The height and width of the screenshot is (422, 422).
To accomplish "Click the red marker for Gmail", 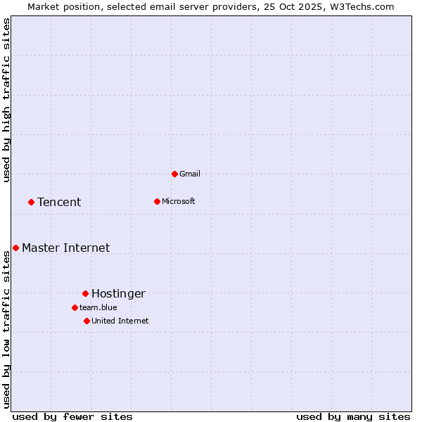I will pyautogui.click(x=174, y=174).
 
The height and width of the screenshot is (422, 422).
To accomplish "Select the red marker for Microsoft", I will pyautogui.click(x=157, y=201).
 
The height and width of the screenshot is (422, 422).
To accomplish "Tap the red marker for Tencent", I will pyautogui.click(x=31, y=202).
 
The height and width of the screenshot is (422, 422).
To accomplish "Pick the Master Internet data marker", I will pyautogui.click(x=15, y=248).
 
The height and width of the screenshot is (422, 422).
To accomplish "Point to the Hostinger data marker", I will pyautogui.click(x=85, y=293).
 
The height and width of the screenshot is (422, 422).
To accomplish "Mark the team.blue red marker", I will pyautogui.click(x=75, y=307).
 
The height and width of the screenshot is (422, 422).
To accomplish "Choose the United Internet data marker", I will pyautogui.click(x=87, y=321).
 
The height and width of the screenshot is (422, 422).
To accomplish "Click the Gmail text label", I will pyautogui.click(x=190, y=174).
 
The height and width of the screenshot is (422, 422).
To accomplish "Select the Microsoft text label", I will pyautogui.click(x=178, y=201).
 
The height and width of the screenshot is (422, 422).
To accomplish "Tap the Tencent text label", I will pyautogui.click(x=59, y=202).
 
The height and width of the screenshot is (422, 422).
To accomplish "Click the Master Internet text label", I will pyautogui.click(x=65, y=248).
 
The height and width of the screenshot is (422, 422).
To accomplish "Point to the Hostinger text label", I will pyautogui.click(x=118, y=293).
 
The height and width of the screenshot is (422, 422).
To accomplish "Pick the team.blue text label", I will pyautogui.click(x=98, y=307).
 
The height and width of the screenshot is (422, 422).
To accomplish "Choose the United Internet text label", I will pyautogui.click(x=120, y=321).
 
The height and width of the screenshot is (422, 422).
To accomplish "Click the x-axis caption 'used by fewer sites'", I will pyautogui.click(x=72, y=416).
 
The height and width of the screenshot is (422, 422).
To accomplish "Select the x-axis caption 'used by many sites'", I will pyautogui.click(x=353, y=416).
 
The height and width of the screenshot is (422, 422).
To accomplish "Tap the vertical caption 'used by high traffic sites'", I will pyautogui.click(x=6, y=100).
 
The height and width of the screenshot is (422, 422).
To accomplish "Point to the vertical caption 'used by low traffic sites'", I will pyautogui.click(x=6, y=329).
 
